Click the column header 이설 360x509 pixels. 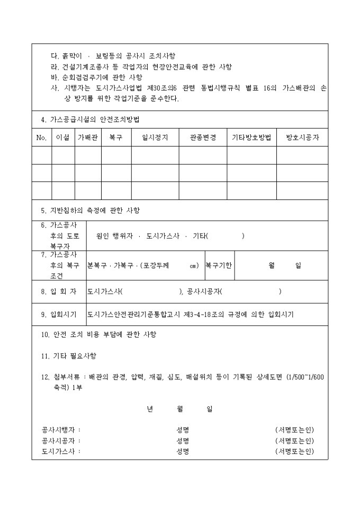pyautogui.click(x=62, y=138)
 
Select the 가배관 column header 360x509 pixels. pyautogui.click(x=88, y=138)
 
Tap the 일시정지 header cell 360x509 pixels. pyautogui.click(x=155, y=138)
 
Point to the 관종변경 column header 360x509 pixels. pyautogui.click(x=203, y=138)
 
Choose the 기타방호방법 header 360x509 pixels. pyautogui.click(x=252, y=138)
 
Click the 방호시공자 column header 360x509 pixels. pyautogui.click(x=302, y=138)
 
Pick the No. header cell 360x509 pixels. pyautogui.click(x=42, y=138)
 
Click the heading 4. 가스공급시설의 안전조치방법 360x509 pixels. pyautogui.click(x=90, y=120)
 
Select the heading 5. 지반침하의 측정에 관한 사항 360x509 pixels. pyautogui.click(x=91, y=210)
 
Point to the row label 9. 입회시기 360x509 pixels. pyautogui.click(x=58, y=314)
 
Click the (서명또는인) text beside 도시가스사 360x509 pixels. pyautogui.click(x=294, y=451)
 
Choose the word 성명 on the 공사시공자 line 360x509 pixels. pyautogui.click(x=183, y=441)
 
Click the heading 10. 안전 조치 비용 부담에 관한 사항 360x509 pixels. pyautogui.click(x=98, y=334)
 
